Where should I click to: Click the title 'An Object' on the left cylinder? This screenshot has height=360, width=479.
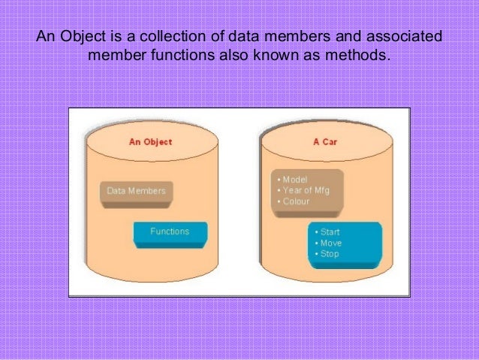(x=151, y=141)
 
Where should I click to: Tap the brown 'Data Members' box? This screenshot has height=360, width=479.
(x=136, y=191)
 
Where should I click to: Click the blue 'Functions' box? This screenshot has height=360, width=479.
(x=170, y=231)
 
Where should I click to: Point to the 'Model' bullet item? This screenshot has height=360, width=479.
(x=292, y=180)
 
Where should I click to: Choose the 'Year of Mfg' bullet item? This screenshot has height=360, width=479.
(x=304, y=191)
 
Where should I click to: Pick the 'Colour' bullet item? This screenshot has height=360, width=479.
(x=294, y=201)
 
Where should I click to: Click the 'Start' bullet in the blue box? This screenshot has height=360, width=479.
(x=327, y=232)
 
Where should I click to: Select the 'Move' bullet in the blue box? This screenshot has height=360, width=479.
(x=328, y=243)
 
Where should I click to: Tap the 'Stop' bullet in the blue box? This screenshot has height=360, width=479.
(x=327, y=254)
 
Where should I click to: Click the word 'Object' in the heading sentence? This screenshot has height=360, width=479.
(x=83, y=37)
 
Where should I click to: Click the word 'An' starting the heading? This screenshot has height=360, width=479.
(x=47, y=37)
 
